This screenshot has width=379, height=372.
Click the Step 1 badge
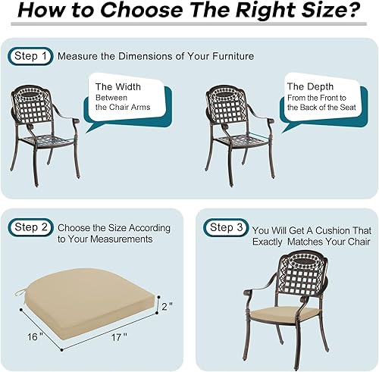click(31, 56)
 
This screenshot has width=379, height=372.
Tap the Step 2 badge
click(31, 227)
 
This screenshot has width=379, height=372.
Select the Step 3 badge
click(227, 227)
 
